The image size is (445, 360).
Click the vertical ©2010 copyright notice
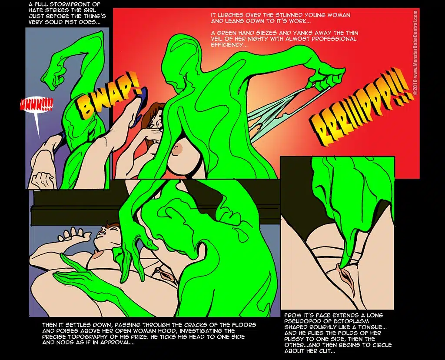tap(415, 53)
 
